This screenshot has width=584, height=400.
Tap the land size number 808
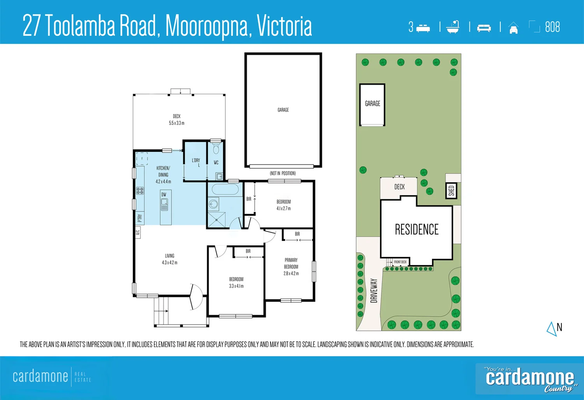click(x=552, y=27)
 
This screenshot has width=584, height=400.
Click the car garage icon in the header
click(x=514, y=28)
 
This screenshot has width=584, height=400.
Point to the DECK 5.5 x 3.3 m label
click(x=177, y=119)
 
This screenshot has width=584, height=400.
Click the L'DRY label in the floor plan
click(x=196, y=161)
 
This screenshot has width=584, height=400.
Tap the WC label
click(x=216, y=163)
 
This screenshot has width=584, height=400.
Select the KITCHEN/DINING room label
click(x=163, y=175)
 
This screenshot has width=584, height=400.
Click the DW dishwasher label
click(x=164, y=195)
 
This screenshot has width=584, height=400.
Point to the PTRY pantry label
click(x=140, y=218)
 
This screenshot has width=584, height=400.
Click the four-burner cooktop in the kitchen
click(x=140, y=191)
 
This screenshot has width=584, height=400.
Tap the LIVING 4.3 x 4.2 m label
click(x=169, y=259)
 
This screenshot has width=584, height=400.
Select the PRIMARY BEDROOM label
click(x=291, y=267)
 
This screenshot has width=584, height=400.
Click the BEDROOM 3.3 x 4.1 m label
click(x=236, y=282)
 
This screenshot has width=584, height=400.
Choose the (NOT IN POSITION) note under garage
click(x=283, y=174)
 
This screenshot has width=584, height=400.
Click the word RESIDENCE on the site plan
click(x=417, y=230)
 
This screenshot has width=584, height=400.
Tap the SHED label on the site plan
click(x=451, y=191)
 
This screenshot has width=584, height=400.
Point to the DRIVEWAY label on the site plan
click(x=374, y=291)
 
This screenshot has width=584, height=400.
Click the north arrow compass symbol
click(x=552, y=329)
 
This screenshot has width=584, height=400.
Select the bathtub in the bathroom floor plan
click(x=225, y=190)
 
